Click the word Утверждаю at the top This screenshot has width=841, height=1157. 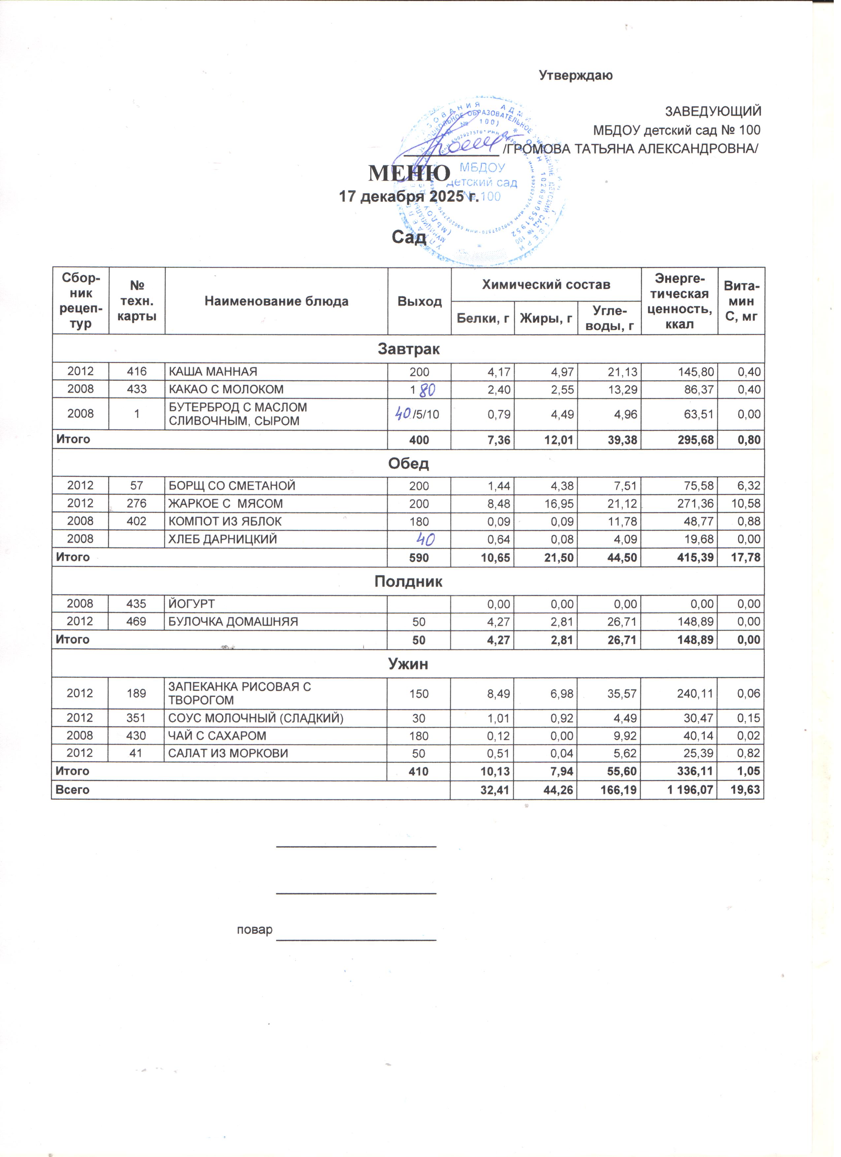[576, 76]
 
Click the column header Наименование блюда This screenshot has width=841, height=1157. [276, 302]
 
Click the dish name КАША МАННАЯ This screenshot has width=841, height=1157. [213, 372]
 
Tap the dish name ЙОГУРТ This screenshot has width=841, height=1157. [192, 604]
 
